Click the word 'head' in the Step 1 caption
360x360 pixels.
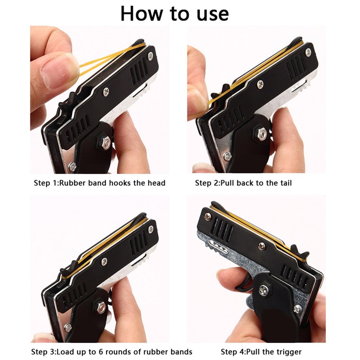[x=155, y=183]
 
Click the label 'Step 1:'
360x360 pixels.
[x=46, y=183]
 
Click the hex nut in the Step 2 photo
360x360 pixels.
[x=261, y=134]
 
